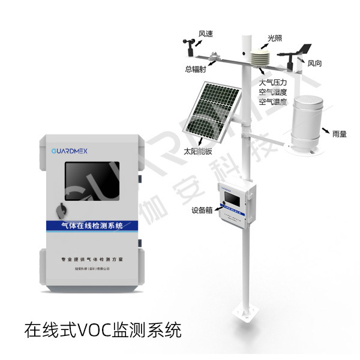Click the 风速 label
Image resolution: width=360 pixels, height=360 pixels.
[206, 34]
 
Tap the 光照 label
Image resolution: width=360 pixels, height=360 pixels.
[275, 38]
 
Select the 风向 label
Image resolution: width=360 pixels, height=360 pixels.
[316, 62]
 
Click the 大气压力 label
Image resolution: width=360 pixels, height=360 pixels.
[273, 82]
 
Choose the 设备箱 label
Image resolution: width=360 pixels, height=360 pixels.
[201, 210]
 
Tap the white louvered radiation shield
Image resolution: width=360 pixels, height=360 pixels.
[260, 59]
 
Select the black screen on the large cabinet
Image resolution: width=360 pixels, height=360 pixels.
[89, 182]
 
